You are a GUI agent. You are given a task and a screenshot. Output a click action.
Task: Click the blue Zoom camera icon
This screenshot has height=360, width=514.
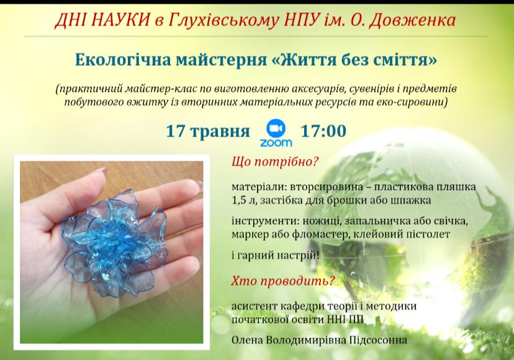point(276,129)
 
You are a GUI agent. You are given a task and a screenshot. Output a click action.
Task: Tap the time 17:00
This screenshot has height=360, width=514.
point(323,131)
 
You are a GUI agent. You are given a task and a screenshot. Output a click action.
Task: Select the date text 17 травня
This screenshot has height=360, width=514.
point(208,132)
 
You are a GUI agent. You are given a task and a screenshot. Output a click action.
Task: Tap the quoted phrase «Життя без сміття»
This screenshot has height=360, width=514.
point(353,60)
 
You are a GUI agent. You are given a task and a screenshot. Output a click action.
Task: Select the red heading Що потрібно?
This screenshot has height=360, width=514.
point(275,161)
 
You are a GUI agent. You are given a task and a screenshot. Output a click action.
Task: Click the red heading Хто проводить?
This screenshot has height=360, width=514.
point(283,281)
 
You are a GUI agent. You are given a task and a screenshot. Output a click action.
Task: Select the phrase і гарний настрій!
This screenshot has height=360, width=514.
point(276,255)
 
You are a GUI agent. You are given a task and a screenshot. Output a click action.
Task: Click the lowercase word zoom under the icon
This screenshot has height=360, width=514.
point(276,143)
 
